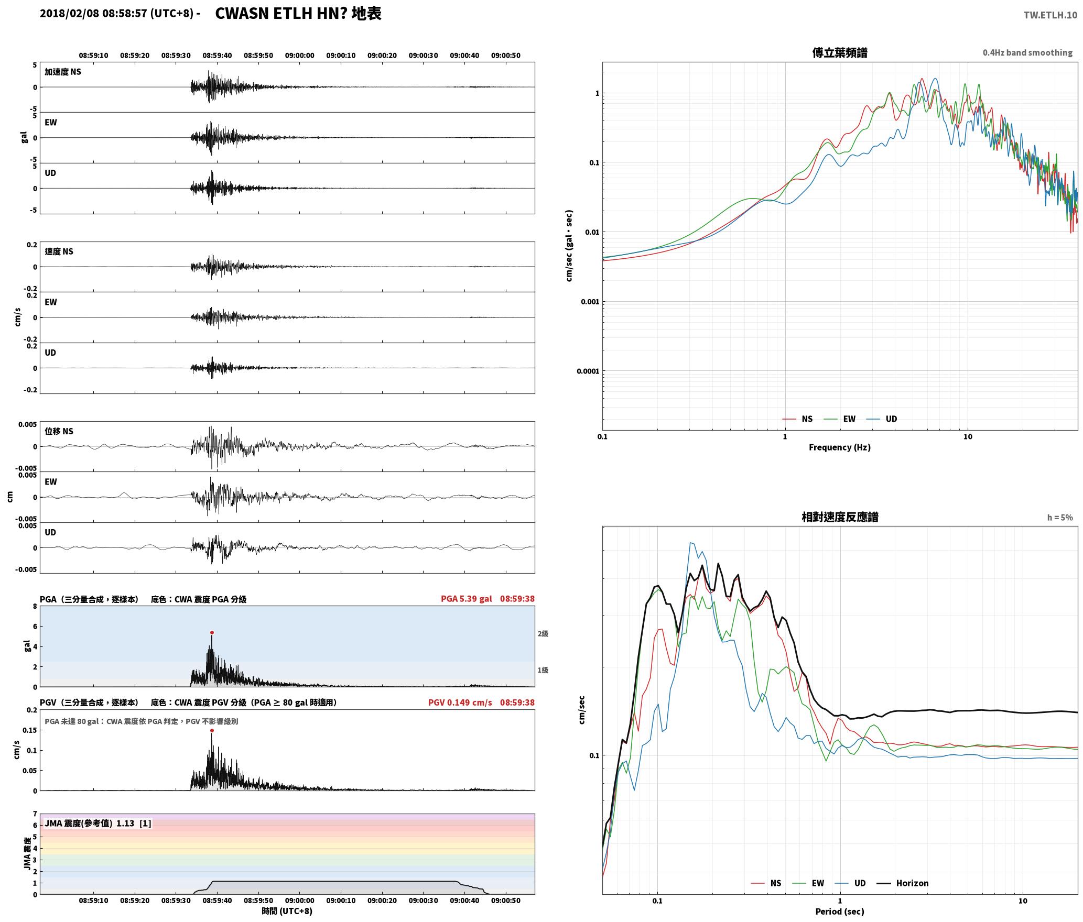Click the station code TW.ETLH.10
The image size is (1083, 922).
[1050, 15]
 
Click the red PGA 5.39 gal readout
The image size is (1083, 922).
[466, 599]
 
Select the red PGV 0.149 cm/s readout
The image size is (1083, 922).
[460, 703]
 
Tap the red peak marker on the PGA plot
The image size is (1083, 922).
[212, 633]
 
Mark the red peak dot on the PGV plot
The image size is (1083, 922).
[212, 730]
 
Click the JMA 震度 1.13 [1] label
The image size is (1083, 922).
[98, 824]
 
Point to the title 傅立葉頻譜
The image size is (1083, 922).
[839, 53]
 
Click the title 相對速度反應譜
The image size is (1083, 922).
[840, 517]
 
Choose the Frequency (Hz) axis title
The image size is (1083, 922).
[839, 447]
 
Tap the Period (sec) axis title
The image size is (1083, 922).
[839, 912]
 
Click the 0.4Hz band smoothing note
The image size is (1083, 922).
[1027, 53]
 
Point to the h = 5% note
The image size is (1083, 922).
[1060, 518]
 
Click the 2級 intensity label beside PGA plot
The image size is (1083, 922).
[543, 634]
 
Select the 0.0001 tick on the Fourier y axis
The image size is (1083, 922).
[588, 371]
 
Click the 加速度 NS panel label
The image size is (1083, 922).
[63, 72]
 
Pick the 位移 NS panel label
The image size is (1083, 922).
[59, 431]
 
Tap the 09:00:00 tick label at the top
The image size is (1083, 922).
[300, 56]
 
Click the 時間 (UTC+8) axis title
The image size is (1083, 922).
[287, 911]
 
